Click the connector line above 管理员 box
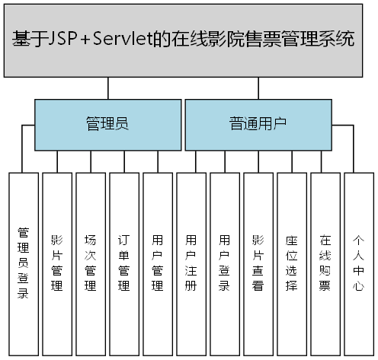click(x=107, y=89)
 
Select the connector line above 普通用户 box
click(x=258, y=89)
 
